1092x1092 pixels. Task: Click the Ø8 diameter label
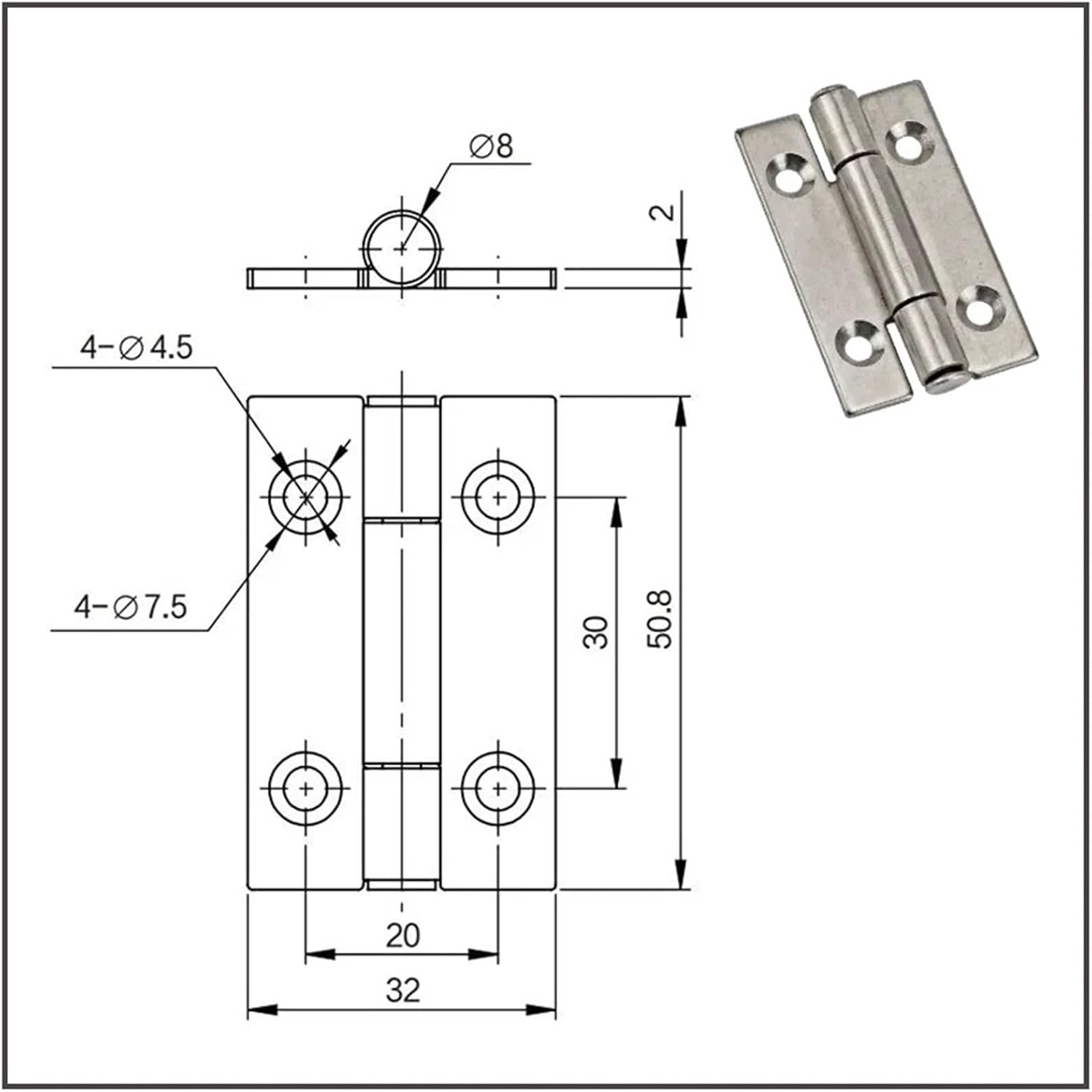(491, 146)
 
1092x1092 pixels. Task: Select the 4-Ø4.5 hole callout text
(136, 347)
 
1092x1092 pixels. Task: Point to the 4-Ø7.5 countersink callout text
(131, 606)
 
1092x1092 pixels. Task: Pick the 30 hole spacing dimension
(596, 632)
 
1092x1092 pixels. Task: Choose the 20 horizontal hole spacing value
(403, 935)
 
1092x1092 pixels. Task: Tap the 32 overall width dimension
(403, 990)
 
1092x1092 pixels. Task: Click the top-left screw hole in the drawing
(306, 496)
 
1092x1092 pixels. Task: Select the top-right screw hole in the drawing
(499, 497)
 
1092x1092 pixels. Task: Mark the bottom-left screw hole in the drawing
(306, 788)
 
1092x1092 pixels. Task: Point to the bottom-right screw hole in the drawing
(499, 788)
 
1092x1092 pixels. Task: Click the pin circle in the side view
(402, 248)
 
